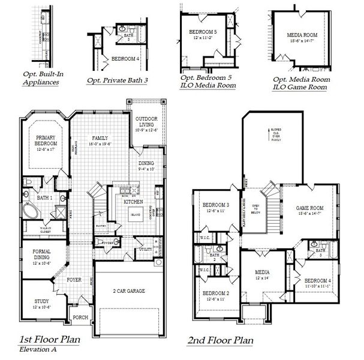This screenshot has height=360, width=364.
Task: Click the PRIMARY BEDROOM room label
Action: [45, 141]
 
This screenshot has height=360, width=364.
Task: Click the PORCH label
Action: [80, 317]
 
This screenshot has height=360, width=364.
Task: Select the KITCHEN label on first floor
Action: [133, 202]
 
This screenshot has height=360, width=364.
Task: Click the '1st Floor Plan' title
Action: [49, 339]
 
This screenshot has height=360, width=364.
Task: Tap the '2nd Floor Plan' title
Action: [220, 340]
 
